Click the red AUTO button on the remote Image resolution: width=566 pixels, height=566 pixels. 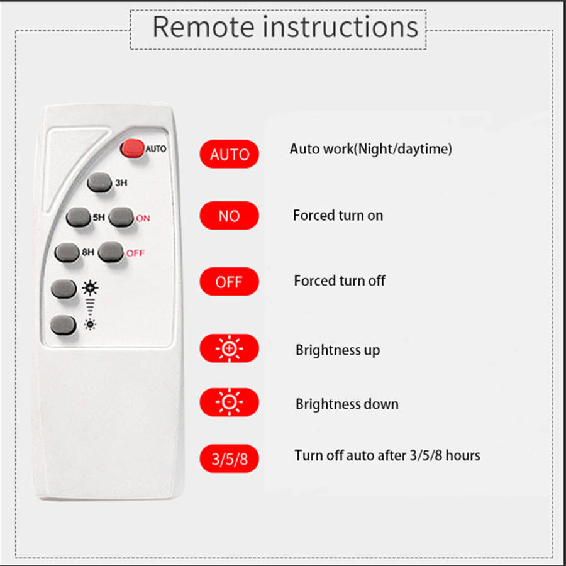click(132, 148)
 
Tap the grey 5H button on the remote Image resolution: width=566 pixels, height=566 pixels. click(79, 218)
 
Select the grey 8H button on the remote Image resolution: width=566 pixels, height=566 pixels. click(68, 252)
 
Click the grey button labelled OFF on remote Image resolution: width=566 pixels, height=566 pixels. click(111, 252)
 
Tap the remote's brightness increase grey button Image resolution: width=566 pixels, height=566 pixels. click(65, 289)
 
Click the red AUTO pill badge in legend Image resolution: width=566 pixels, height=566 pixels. click(229, 154)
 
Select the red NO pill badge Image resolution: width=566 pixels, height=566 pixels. click(229, 216)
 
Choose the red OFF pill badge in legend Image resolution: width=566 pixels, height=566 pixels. click(229, 282)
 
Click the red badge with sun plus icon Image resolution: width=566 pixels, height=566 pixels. click(229, 348)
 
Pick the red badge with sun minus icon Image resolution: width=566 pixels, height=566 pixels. click(229, 402)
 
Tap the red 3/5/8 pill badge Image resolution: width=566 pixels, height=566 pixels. click(229, 458)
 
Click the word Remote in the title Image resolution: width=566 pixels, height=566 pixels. click(203, 27)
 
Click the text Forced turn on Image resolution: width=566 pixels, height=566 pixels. click(338, 215)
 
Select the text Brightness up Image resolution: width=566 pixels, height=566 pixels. click(338, 350)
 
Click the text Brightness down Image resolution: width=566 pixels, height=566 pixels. click(347, 404)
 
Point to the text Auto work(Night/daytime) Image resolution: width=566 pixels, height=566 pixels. click(370, 149)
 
